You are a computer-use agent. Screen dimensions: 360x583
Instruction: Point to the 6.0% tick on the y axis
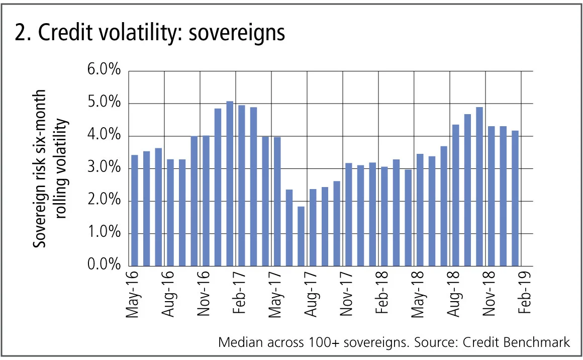(x=104, y=70)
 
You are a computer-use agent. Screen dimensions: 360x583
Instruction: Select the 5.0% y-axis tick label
(x=104, y=103)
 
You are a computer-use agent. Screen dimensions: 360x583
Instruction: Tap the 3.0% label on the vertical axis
(x=104, y=168)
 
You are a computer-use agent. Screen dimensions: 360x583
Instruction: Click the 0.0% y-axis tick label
(x=104, y=265)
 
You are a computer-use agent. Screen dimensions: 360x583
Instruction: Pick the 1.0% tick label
(x=104, y=233)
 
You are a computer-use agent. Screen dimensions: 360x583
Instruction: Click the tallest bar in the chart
(x=230, y=184)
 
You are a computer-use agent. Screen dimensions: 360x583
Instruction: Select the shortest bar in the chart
(x=301, y=236)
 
